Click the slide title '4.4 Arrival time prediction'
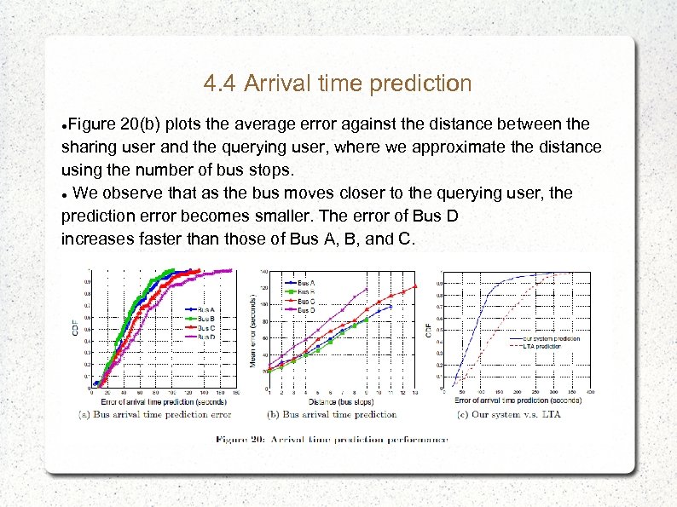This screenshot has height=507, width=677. point(338,84)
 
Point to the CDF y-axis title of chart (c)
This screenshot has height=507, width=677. point(428,328)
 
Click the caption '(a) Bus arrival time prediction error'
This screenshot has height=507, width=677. point(155,415)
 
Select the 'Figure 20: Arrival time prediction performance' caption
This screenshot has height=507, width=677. point(332,440)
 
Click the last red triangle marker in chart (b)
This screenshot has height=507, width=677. point(415,286)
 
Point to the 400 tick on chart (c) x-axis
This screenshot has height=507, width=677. point(590,392)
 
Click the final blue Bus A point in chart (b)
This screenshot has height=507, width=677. point(391,306)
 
